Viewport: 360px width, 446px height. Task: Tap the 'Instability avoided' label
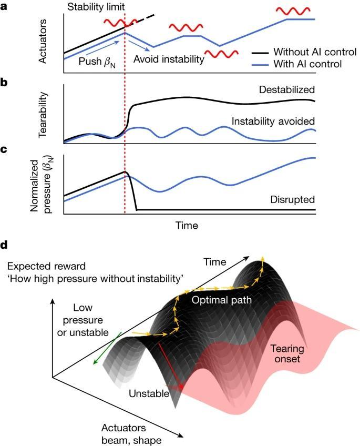273,121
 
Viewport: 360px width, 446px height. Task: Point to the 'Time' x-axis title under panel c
187,226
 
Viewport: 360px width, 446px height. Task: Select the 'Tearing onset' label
289,353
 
